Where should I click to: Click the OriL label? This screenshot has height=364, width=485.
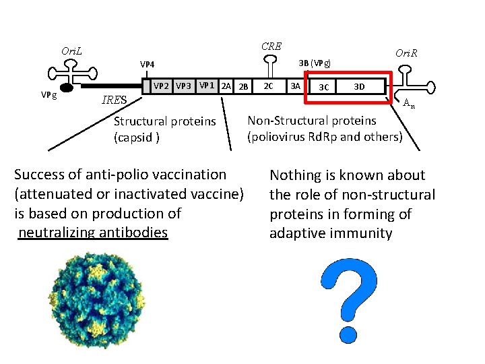pos(71,51)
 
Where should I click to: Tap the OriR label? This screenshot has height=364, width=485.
pos(406,53)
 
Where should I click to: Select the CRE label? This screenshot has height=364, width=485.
pos(271,47)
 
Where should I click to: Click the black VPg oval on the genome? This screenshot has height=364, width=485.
pos(67,88)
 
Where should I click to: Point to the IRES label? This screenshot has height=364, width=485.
pos(113,101)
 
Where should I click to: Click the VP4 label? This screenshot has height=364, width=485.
pos(148,65)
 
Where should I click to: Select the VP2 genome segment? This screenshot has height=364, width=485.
pos(162,86)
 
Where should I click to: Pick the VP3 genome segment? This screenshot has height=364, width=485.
pos(183,86)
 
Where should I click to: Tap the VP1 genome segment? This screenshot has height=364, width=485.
pos(207,86)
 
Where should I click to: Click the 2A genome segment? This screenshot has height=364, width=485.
pos(227,86)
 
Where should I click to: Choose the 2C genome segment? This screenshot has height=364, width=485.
pos(268,86)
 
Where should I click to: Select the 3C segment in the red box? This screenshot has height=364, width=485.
pos(324,87)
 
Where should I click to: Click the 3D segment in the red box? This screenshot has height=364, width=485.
pos(360,86)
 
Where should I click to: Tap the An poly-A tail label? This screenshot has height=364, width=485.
pos(408,103)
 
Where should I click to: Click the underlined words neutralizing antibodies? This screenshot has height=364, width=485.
pos(93,233)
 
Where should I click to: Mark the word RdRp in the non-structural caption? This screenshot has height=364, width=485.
pos(331,137)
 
